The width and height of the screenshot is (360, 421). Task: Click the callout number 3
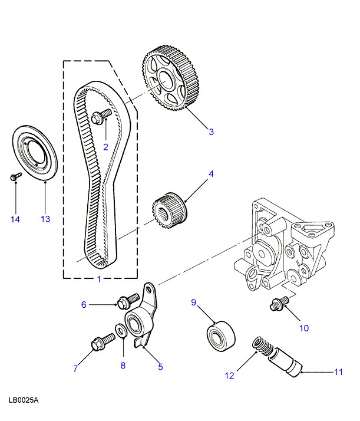tap(212, 132)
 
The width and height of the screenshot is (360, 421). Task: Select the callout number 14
tap(15, 219)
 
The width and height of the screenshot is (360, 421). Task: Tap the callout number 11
tap(338, 372)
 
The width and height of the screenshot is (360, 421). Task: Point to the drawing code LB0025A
tap(24, 400)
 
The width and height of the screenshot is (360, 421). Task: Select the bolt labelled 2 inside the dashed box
tap(102, 117)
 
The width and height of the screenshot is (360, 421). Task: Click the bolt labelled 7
tap(100, 342)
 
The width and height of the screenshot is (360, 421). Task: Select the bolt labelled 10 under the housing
tap(279, 303)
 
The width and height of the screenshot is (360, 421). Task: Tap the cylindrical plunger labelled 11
tap(284, 360)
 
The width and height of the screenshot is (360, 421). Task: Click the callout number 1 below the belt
tap(99, 279)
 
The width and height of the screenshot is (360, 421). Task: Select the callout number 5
tap(160, 367)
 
